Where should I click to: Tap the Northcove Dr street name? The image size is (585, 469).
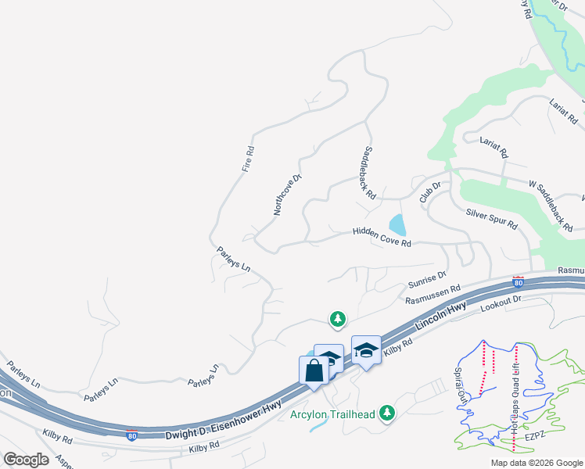point(287,195)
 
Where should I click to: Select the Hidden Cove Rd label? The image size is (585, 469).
point(382,237)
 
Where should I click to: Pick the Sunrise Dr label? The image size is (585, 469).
point(427,280)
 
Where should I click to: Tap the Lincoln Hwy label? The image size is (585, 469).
point(441,317)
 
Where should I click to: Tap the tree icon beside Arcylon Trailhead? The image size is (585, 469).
point(386,413)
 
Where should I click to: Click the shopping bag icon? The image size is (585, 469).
point(314,370)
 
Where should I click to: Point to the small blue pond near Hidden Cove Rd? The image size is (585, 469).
point(398,225)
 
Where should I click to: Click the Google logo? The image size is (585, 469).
point(26,460)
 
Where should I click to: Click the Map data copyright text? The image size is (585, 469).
point(537,463)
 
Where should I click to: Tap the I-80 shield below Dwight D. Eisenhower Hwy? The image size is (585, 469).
point(131,435)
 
